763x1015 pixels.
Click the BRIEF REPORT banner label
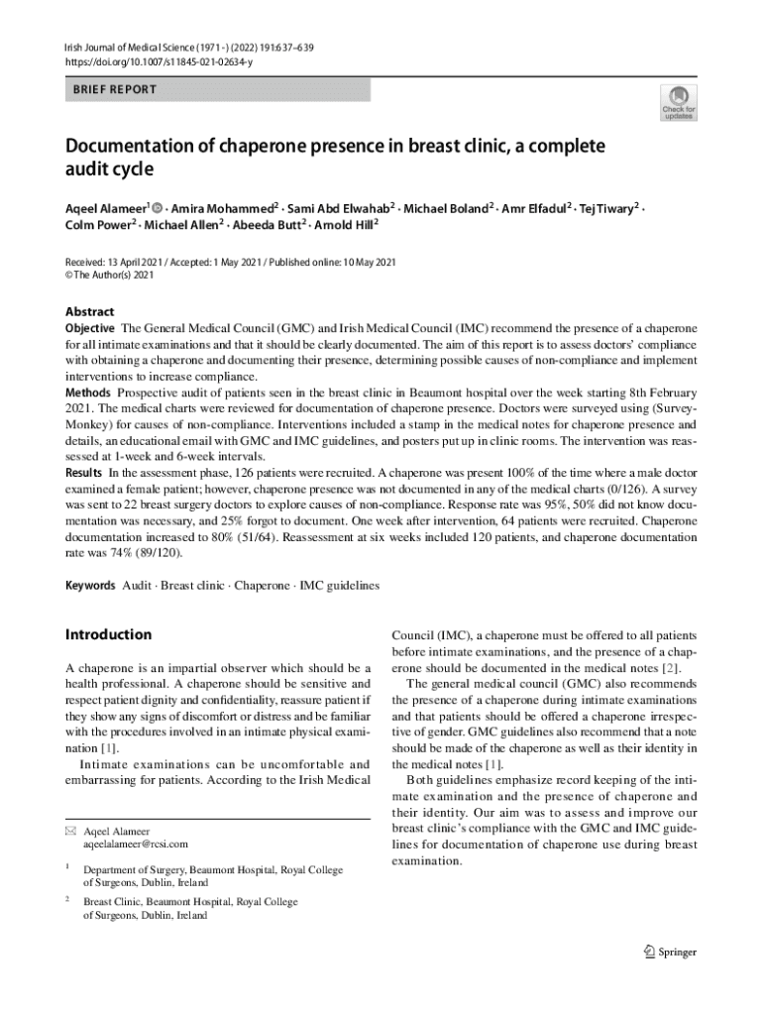(115, 89)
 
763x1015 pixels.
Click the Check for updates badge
(679, 102)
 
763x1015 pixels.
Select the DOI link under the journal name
(159, 61)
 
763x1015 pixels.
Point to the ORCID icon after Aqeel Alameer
(158, 209)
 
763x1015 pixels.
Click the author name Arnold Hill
(346, 225)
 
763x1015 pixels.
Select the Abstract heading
(89, 311)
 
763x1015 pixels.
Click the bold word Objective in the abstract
(90, 328)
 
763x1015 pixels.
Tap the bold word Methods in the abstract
(88, 394)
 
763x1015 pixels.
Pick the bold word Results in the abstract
(84, 473)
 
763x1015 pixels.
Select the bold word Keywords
(90, 586)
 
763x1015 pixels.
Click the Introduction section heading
(108, 634)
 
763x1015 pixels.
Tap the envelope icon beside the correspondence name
(69, 831)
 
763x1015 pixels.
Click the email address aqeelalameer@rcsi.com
(129, 844)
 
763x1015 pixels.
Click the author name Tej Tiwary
(608, 208)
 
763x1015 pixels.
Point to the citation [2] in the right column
(669, 667)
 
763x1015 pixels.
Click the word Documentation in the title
(134, 147)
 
